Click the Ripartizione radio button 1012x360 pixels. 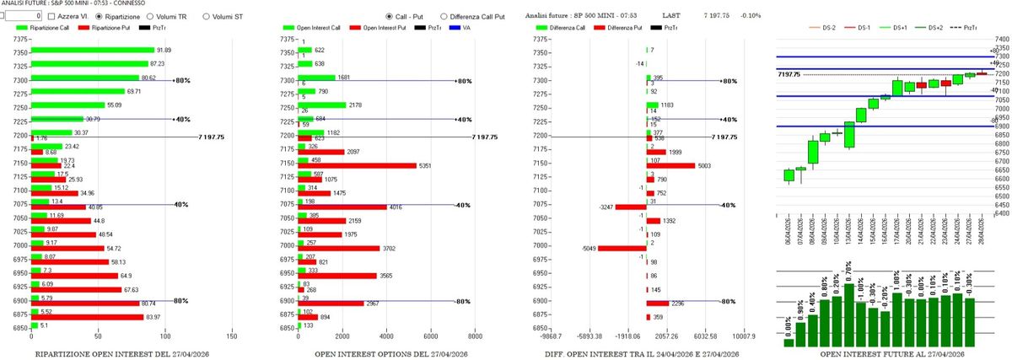(x=100, y=16)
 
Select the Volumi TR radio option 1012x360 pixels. (x=150, y=16)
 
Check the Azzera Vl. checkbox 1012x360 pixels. (x=51, y=16)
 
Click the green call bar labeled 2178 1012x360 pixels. (x=323, y=105)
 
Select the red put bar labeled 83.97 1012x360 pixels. (x=87, y=317)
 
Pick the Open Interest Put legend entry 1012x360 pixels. (x=369, y=29)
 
